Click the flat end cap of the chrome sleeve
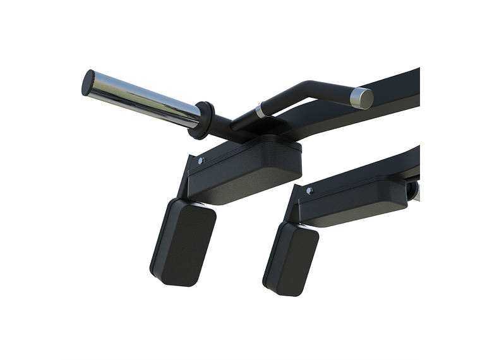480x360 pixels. click(88, 82)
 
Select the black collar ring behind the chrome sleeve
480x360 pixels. click(204, 120)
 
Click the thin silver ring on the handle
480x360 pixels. click(260, 111)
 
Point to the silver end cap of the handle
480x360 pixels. click(363, 98)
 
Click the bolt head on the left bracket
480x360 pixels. click(201, 161)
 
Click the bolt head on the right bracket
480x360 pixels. click(309, 190)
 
